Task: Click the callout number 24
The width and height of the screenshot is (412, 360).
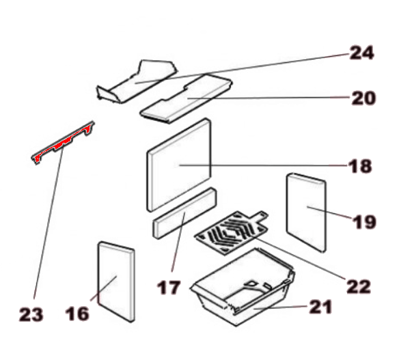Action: pos(361,53)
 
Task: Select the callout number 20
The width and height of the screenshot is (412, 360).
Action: pos(363,98)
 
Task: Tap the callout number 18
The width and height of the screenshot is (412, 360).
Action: pos(360,166)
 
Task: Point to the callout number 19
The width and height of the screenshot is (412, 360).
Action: pos(364,221)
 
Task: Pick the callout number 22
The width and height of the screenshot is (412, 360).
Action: pos(359,286)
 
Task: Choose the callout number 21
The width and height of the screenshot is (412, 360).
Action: pos(320,307)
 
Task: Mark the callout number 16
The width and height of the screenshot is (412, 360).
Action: pos(77,314)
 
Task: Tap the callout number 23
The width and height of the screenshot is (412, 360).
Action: pos(31,314)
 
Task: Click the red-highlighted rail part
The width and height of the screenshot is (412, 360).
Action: pos(63,143)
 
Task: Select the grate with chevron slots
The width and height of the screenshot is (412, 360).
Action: pos(231,232)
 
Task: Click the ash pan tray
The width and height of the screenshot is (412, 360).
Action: pos(243,287)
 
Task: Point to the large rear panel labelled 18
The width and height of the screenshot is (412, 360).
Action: pos(179,165)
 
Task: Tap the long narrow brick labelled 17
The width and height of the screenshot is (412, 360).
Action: pos(185,212)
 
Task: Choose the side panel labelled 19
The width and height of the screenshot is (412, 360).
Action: pos(306,212)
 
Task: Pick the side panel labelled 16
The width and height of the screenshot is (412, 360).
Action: pos(116,281)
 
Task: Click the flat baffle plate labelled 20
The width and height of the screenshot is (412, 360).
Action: pos(186,99)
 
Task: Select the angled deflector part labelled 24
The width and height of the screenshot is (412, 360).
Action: pos(137,81)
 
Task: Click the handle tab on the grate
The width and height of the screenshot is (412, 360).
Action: pos(260,216)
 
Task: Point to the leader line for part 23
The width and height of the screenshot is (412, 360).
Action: pos(49,223)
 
